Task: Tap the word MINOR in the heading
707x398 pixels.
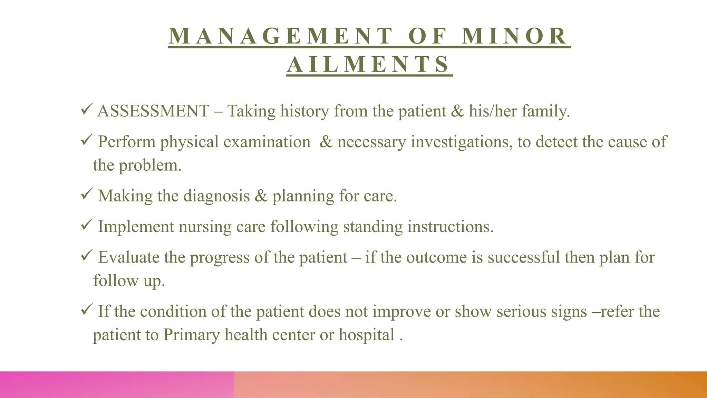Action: [514, 36]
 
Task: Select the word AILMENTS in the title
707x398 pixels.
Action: [369, 65]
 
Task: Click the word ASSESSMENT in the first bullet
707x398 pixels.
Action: [153, 111]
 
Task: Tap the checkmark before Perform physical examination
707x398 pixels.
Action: [86, 141]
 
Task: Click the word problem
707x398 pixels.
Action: [150, 165]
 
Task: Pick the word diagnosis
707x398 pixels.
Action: [216, 196]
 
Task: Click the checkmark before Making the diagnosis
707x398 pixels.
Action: [86, 195]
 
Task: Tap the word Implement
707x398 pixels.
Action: [136, 227]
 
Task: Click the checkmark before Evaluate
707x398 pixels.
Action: [86, 256]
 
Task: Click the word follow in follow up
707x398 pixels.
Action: [116, 281]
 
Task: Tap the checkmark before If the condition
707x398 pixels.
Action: [86, 310]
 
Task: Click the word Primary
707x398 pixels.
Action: [191, 335]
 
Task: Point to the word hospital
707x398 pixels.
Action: [366, 335]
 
